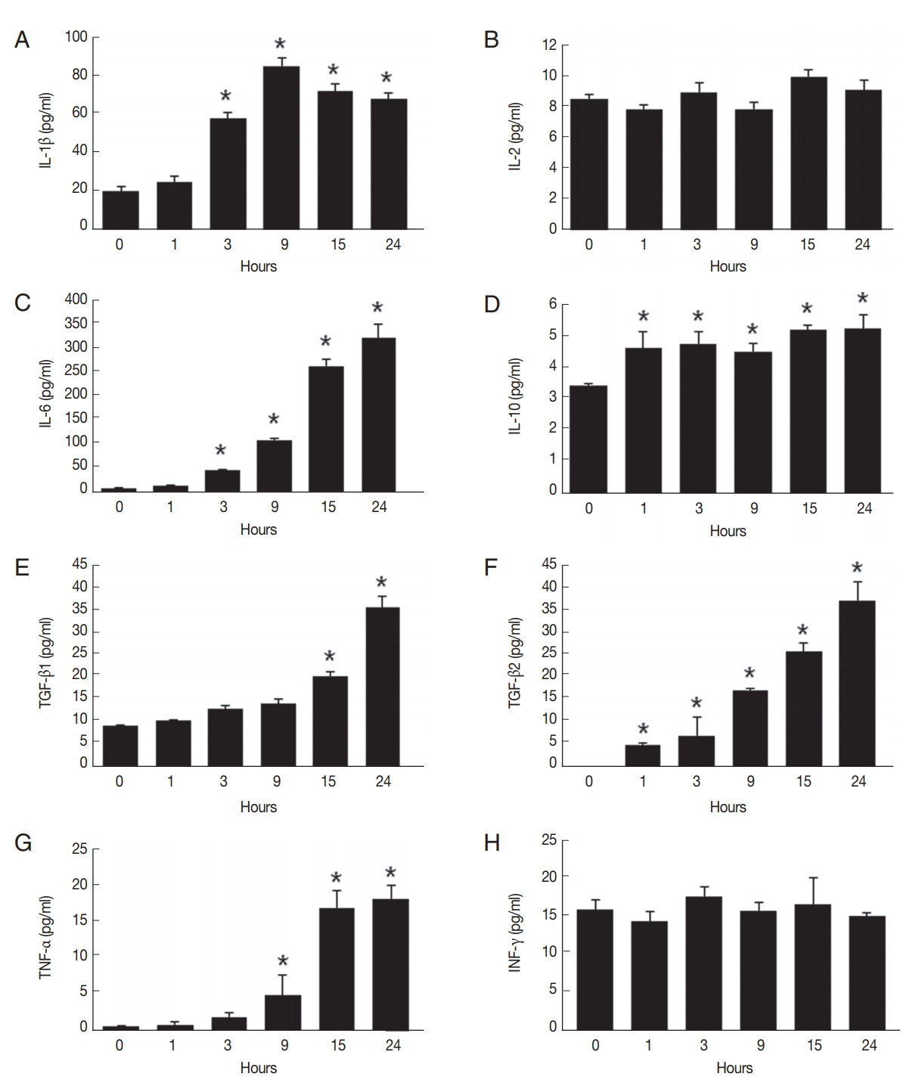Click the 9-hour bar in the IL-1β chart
coord(281,147)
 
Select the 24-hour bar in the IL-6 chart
coord(379,414)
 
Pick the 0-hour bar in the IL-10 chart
coord(589,438)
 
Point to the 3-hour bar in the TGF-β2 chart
coord(697,750)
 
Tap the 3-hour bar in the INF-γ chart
coord(703,962)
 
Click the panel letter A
coord(22,40)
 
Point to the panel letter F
coord(491,566)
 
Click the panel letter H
coord(492,842)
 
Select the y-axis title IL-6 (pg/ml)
coord(47,394)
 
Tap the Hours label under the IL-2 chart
coord(728,266)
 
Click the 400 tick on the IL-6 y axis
coord(76,299)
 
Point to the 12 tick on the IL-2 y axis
coord(549,45)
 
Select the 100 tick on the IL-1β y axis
coord(76,36)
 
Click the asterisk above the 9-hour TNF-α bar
coord(283,963)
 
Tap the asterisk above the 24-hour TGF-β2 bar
coord(857,569)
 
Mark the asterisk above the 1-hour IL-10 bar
coord(643,317)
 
